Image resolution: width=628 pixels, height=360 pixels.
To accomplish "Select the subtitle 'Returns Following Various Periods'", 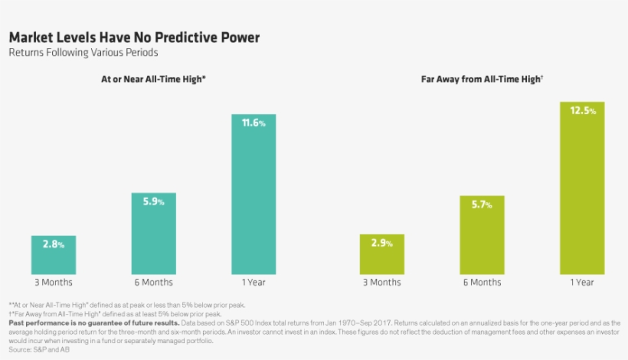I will click(x=83, y=54).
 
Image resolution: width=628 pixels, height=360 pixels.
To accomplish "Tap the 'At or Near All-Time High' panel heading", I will click(x=153, y=79).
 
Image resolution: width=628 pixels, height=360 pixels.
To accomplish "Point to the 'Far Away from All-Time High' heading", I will click(x=482, y=79).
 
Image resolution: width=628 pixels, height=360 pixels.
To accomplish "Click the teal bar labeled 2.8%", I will click(x=53, y=255).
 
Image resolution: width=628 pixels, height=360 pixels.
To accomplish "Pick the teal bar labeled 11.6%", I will click(x=253, y=195).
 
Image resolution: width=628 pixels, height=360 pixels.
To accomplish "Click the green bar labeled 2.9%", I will click(x=381, y=254).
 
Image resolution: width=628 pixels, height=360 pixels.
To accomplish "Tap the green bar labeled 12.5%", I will click(x=582, y=188).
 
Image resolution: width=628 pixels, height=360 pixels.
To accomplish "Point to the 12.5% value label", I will click(x=582, y=111).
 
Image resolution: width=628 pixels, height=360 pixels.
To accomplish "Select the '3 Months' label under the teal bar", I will click(x=53, y=283).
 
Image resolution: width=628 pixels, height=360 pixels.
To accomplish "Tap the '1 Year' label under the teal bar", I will click(x=253, y=283).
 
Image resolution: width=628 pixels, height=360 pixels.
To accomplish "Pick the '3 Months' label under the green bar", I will click(x=381, y=283).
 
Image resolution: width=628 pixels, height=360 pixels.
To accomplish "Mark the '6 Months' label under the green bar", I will click(x=482, y=283).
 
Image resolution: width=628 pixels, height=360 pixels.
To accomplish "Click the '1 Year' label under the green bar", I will click(x=582, y=283).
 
